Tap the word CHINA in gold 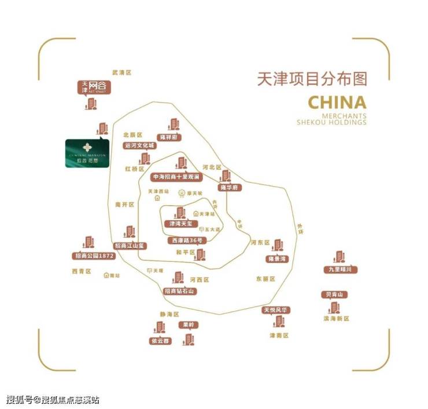tap(337, 103)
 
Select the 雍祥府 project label tap(172, 137)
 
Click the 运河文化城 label tap(140, 146)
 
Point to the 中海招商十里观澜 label tap(176, 176)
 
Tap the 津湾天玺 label tap(179, 223)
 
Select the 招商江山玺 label tap(130, 246)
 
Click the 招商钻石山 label tap(179, 291)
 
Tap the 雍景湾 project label tap(277, 258)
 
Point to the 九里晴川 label tap(341, 269)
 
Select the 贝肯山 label tap(334, 295)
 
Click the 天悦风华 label tap(276, 310)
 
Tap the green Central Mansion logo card tap(87, 153)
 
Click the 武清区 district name tap(122, 73)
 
